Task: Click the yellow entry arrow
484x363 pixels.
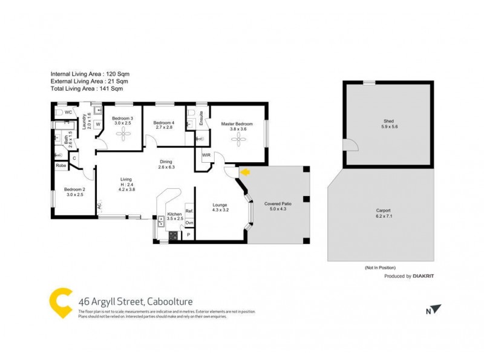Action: (244, 173)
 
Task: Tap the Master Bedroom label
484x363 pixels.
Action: (237, 124)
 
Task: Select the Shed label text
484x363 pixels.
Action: (388, 122)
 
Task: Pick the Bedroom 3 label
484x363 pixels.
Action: (123, 119)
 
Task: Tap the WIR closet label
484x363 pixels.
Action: (206, 155)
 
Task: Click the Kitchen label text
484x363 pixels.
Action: (174, 214)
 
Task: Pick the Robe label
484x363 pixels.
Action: (60, 165)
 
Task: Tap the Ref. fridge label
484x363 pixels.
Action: (189, 211)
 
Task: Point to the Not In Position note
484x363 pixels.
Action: (380, 267)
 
